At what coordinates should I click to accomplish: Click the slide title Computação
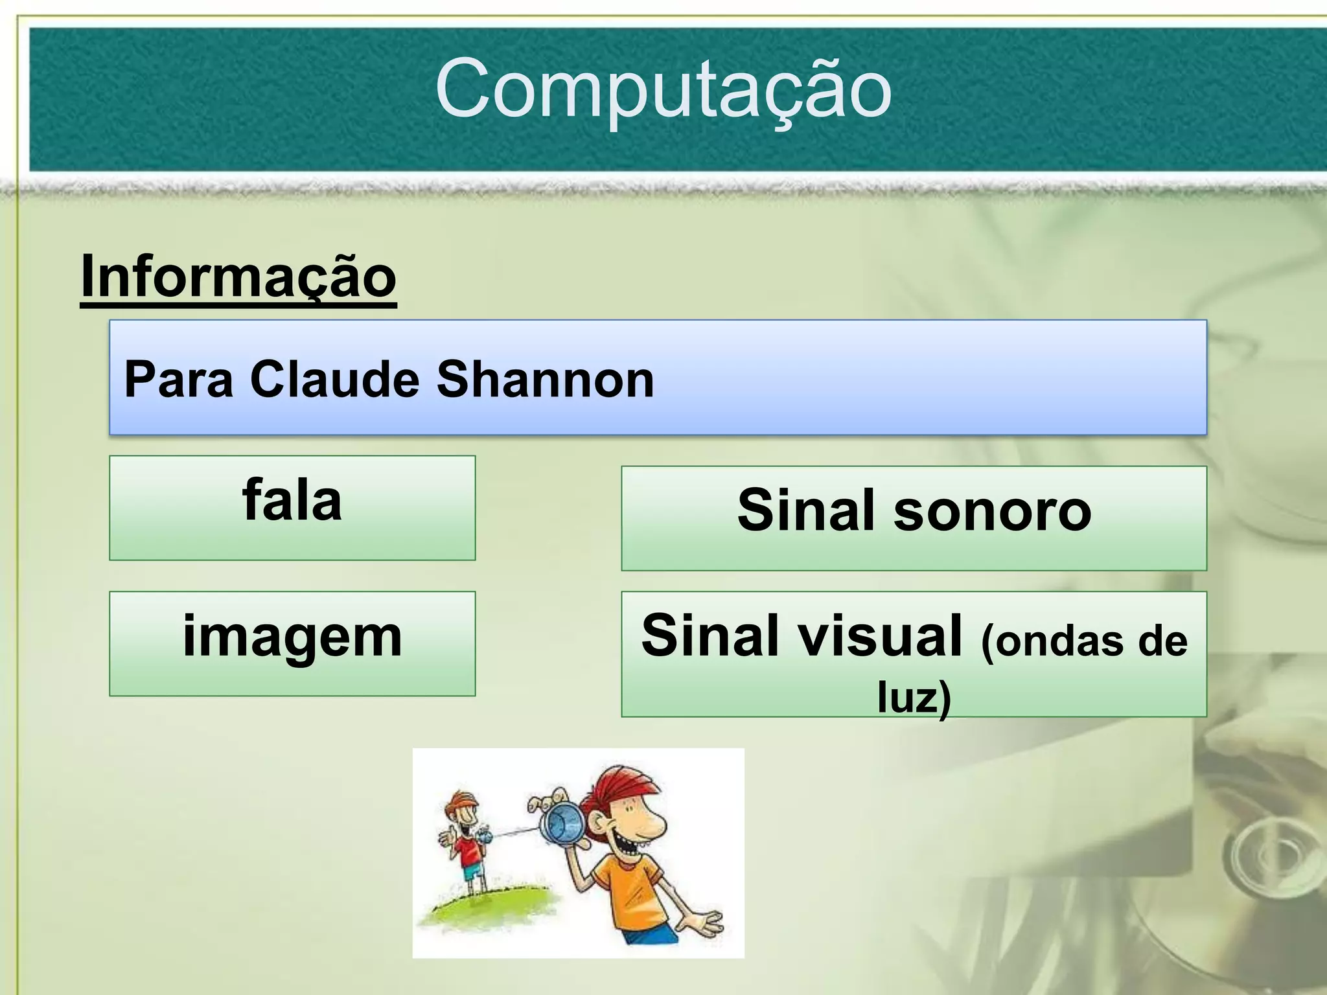(663, 89)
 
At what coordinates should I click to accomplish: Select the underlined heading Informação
(238, 277)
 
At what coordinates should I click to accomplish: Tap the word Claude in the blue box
(334, 380)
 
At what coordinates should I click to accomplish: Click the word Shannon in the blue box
(545, 380)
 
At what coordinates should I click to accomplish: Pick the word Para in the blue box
(178, 380)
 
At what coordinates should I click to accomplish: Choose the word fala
(292, 501)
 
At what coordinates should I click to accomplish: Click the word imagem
(292, 637)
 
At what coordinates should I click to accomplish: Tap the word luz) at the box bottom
(914, 697)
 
